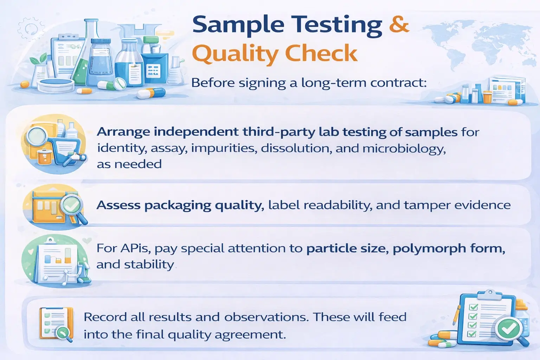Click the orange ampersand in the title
[399, 24]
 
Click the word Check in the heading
[321, 53]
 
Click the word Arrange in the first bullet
[123, 132]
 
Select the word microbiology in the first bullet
[404, 148]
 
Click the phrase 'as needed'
[129, 164]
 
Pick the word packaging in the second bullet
[178, 205]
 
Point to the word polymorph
[426, 249]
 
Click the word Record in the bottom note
[105, 317]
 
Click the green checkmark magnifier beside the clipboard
[508, 329]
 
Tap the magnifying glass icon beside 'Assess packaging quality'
[73, 206]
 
